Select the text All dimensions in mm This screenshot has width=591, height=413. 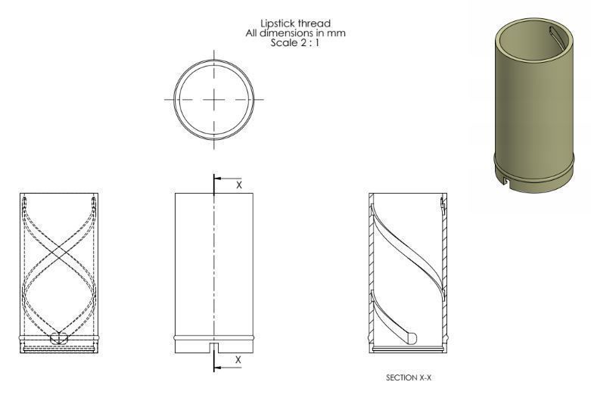point(295,34)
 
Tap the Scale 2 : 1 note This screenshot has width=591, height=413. point(295,43)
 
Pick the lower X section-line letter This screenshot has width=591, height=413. point(239,359)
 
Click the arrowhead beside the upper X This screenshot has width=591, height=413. point(218,179)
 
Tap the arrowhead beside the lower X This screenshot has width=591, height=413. point(218,367)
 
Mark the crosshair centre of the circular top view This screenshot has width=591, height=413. point(214,99)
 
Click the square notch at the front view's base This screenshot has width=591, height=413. point(214,347)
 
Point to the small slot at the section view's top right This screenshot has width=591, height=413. point(441,205)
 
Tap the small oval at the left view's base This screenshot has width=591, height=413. point(58,338)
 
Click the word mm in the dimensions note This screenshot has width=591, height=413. point(339,34)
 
